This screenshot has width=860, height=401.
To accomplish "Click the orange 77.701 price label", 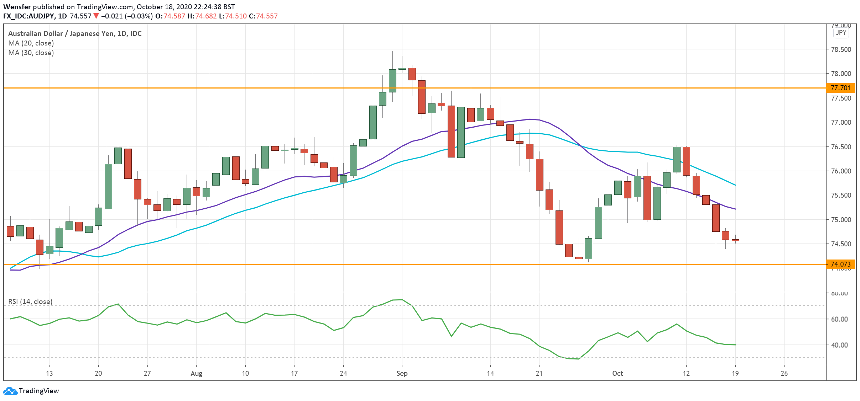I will (x=840, y=88).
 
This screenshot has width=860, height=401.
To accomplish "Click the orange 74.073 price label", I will (x=840, y=264).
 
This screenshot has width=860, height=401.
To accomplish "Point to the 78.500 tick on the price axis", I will (x=841, y=49).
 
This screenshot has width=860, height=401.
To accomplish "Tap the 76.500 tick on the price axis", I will (x=841, y=147).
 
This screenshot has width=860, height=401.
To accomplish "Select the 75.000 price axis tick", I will (x=841, y=220).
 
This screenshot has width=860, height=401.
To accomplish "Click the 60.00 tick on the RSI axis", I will (x=839, y=319).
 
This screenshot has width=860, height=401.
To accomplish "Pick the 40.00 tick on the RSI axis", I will (x=839, y=345).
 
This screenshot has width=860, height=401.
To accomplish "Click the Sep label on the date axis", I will (x=402, y=373).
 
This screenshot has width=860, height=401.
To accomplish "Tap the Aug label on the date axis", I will (x=196, y=373).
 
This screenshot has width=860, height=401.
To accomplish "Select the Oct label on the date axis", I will (x=617, y=373).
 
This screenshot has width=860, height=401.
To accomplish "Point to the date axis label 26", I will (x=784, y=373).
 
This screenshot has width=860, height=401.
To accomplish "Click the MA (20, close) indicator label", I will (x=31, y=43).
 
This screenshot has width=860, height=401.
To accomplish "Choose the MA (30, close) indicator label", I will (x=31, y=53).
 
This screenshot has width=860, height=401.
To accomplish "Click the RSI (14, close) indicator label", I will (x=30, y=301).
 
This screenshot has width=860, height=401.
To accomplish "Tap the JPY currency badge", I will (x=841, y=33).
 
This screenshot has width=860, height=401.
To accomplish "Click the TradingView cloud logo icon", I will (x=10, y=391).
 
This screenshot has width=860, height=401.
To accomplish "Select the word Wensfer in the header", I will (x=17, y=7).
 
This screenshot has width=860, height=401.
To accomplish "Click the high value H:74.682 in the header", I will (x=202, y=16).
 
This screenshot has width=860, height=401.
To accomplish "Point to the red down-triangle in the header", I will (x=96, y=16).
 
